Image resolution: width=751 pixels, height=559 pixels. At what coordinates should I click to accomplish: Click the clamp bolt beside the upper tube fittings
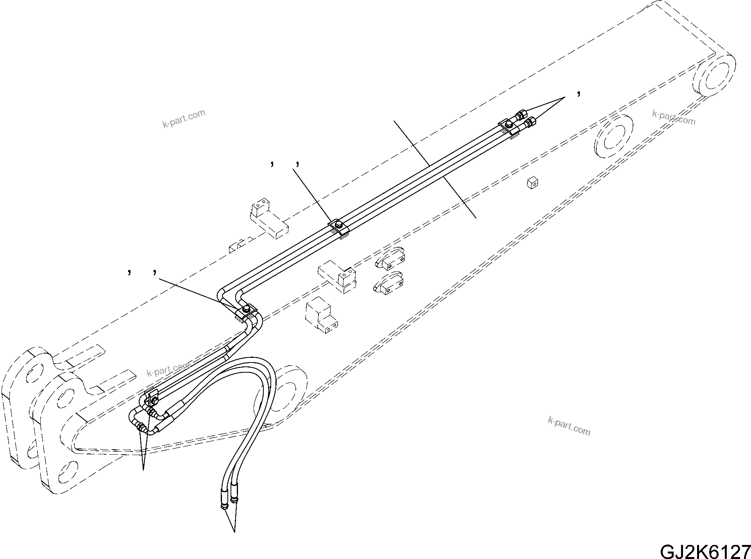click(x=509, y=124)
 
